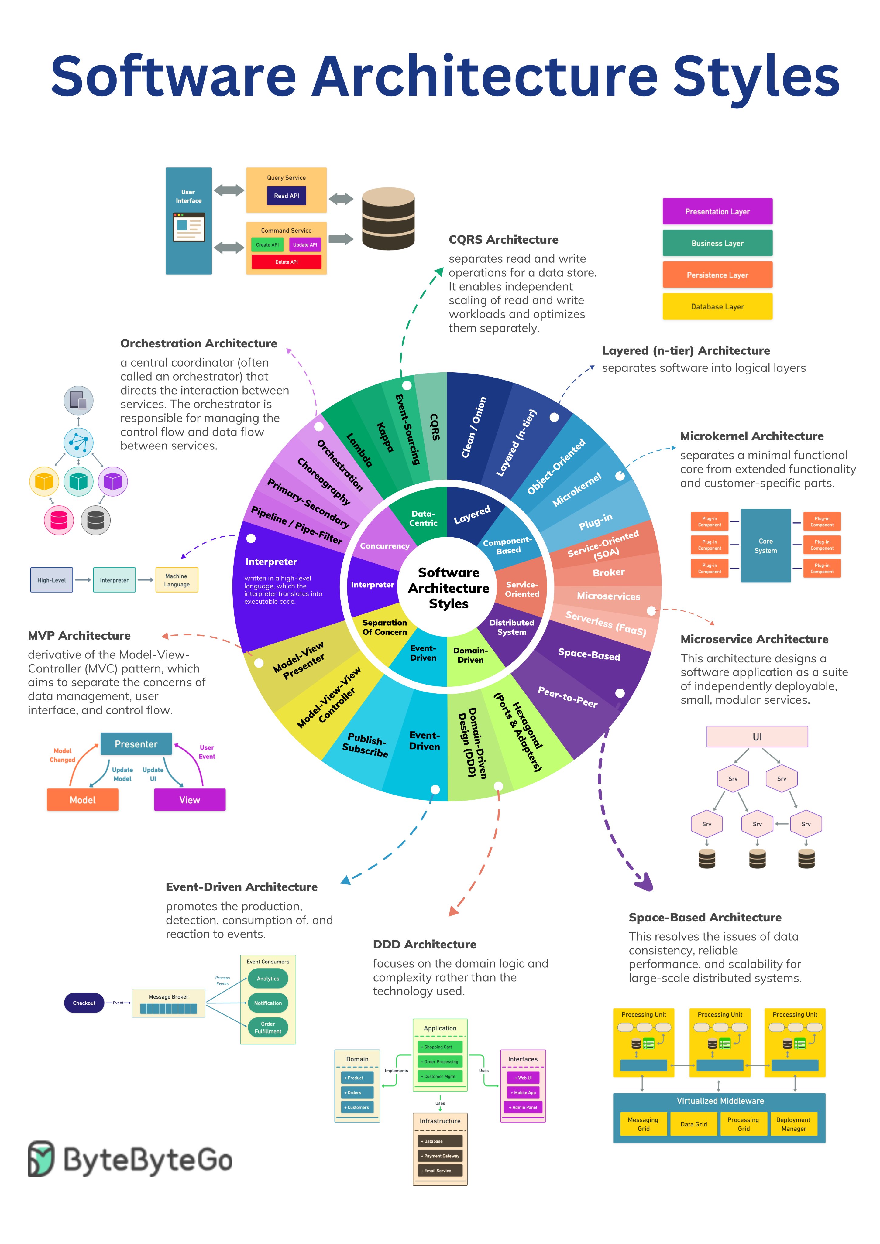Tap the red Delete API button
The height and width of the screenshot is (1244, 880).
[286, 262]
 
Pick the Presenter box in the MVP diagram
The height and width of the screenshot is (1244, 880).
[136, 744]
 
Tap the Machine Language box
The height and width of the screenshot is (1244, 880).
[177, 580]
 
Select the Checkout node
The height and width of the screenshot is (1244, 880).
[84, 1003]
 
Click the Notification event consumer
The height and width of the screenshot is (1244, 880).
[268, 1003]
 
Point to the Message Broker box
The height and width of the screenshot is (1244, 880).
[169, 1003]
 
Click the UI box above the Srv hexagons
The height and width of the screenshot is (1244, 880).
[757, 737]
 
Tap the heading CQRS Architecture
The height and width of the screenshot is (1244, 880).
[503, 240]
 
